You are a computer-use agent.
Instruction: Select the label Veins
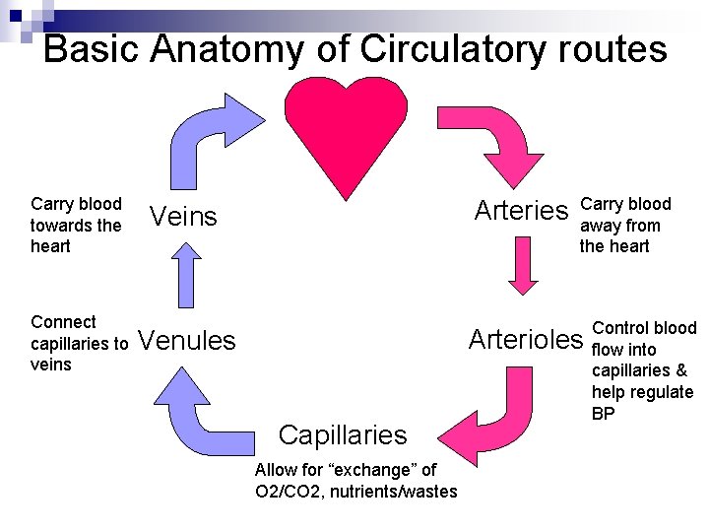[182, 217]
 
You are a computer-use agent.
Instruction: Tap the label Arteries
[521, 211]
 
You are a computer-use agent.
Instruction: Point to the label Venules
[188, 341]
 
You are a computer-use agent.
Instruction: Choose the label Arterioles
[526, 340]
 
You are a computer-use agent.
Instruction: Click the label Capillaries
[342, 434]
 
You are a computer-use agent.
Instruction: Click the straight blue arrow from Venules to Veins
[184, 279]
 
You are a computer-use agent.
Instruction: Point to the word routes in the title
[612, 48]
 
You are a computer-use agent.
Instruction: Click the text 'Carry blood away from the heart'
[624, 225]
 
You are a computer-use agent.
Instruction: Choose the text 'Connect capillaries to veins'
[79, 343]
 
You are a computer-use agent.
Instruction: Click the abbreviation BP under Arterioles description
[604, 414]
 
